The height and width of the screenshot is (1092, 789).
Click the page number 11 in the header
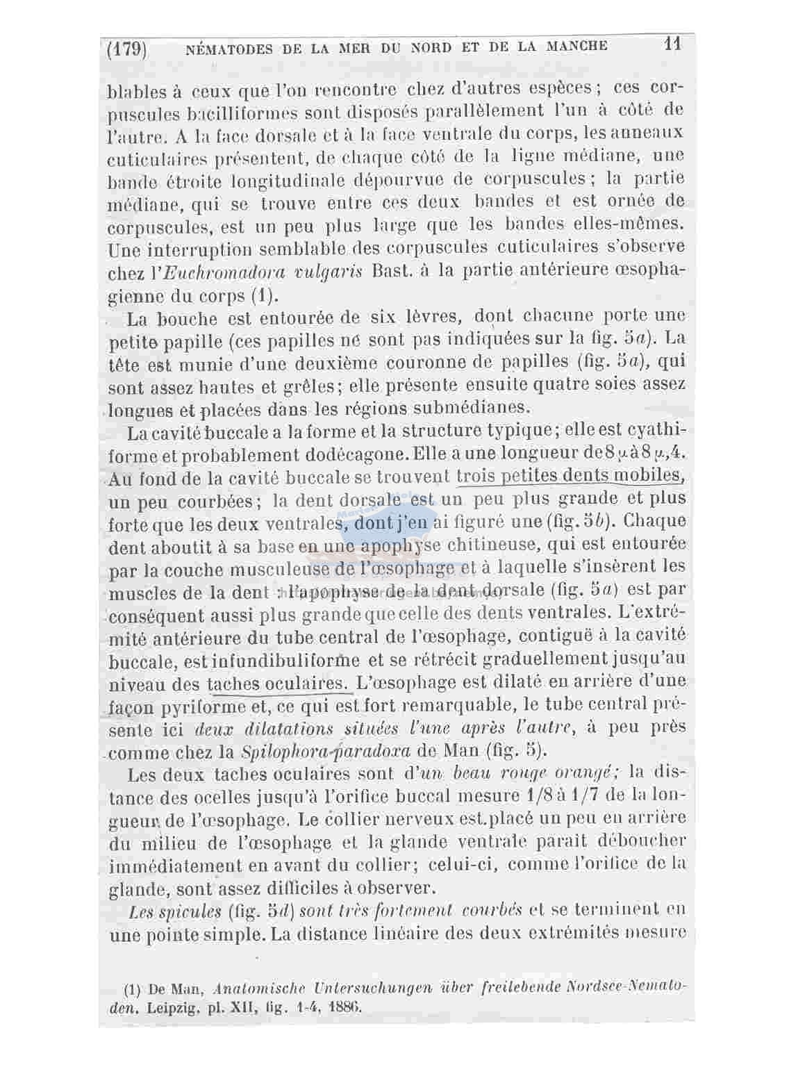tap(672, 44)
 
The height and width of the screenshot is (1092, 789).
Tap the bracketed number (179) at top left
tap(126, 49)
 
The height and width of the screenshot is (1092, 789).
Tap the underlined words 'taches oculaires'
tap(277, 684)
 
